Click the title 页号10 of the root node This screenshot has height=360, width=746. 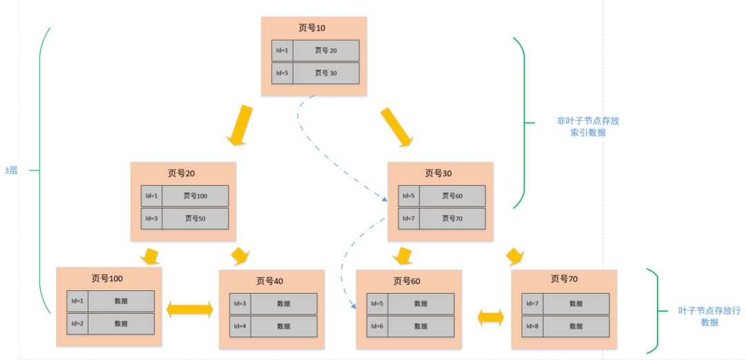tap(312, 28)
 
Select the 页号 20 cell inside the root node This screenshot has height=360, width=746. tap(325, 50)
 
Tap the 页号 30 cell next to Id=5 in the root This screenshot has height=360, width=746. tap(325, 73)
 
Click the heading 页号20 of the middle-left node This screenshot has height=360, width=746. tap(182, 173)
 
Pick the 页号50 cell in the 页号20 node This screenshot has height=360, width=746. tap(195, 218)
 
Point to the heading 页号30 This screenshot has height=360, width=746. tap(439, 173)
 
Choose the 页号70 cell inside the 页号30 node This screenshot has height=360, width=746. tap(452, 218)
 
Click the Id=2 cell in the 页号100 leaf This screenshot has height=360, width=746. tap(77, 323)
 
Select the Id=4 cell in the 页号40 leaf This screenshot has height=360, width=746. tap(240, 326)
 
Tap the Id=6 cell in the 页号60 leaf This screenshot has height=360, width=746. tap(377, 326)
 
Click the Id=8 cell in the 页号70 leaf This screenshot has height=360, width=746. tap(533, 326)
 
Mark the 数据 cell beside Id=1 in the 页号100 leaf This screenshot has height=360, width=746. tap(121, 301)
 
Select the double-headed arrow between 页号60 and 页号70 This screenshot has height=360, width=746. tap(490, 317)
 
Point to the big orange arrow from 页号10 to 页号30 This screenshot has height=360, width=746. tap(396, 126)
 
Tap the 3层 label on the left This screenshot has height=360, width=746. tap(11, 170)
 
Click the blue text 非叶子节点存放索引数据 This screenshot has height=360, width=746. tap(588, 126)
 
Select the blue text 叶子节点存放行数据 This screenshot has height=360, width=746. tap(709, 316)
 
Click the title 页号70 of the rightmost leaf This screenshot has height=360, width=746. tap(564, 279)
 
